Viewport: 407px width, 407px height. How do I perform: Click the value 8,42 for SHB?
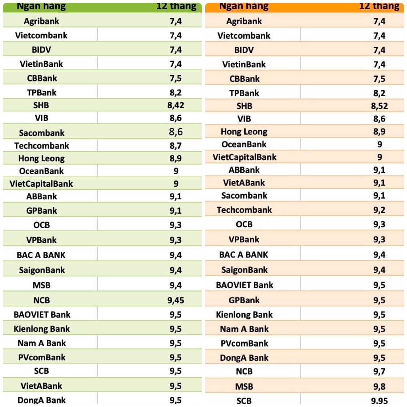coord(176,105)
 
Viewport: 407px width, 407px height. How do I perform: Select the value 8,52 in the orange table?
coord(379,106)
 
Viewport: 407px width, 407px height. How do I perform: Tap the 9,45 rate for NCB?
coord(176,300)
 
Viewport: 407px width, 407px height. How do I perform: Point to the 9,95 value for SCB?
coord(379,400)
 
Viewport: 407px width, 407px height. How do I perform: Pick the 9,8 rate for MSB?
coord(379,386)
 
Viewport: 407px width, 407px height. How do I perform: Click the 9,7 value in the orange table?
coord(379,372)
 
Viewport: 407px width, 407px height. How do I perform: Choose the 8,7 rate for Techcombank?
coord(176,146)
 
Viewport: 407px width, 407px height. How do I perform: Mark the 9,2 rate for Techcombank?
coord(379,210)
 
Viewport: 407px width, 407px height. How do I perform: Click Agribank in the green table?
coord(42,21)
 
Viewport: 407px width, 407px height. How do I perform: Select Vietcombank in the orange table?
coord(244,36)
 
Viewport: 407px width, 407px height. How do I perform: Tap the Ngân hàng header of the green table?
coord(42,6)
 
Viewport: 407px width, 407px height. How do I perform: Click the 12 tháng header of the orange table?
coord(379,6)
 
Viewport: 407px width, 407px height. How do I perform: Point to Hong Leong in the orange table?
coord(244,132)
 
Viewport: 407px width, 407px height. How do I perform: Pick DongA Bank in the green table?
coord(42,400)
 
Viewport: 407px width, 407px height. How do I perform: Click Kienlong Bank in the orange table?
coord(244,315)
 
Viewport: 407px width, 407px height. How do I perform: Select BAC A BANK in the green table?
coord(41,255)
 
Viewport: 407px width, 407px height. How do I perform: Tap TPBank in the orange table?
coord(244,93)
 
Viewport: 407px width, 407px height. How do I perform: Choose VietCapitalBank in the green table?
coord(41,184)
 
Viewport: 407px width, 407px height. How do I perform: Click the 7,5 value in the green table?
coord(176,79)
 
